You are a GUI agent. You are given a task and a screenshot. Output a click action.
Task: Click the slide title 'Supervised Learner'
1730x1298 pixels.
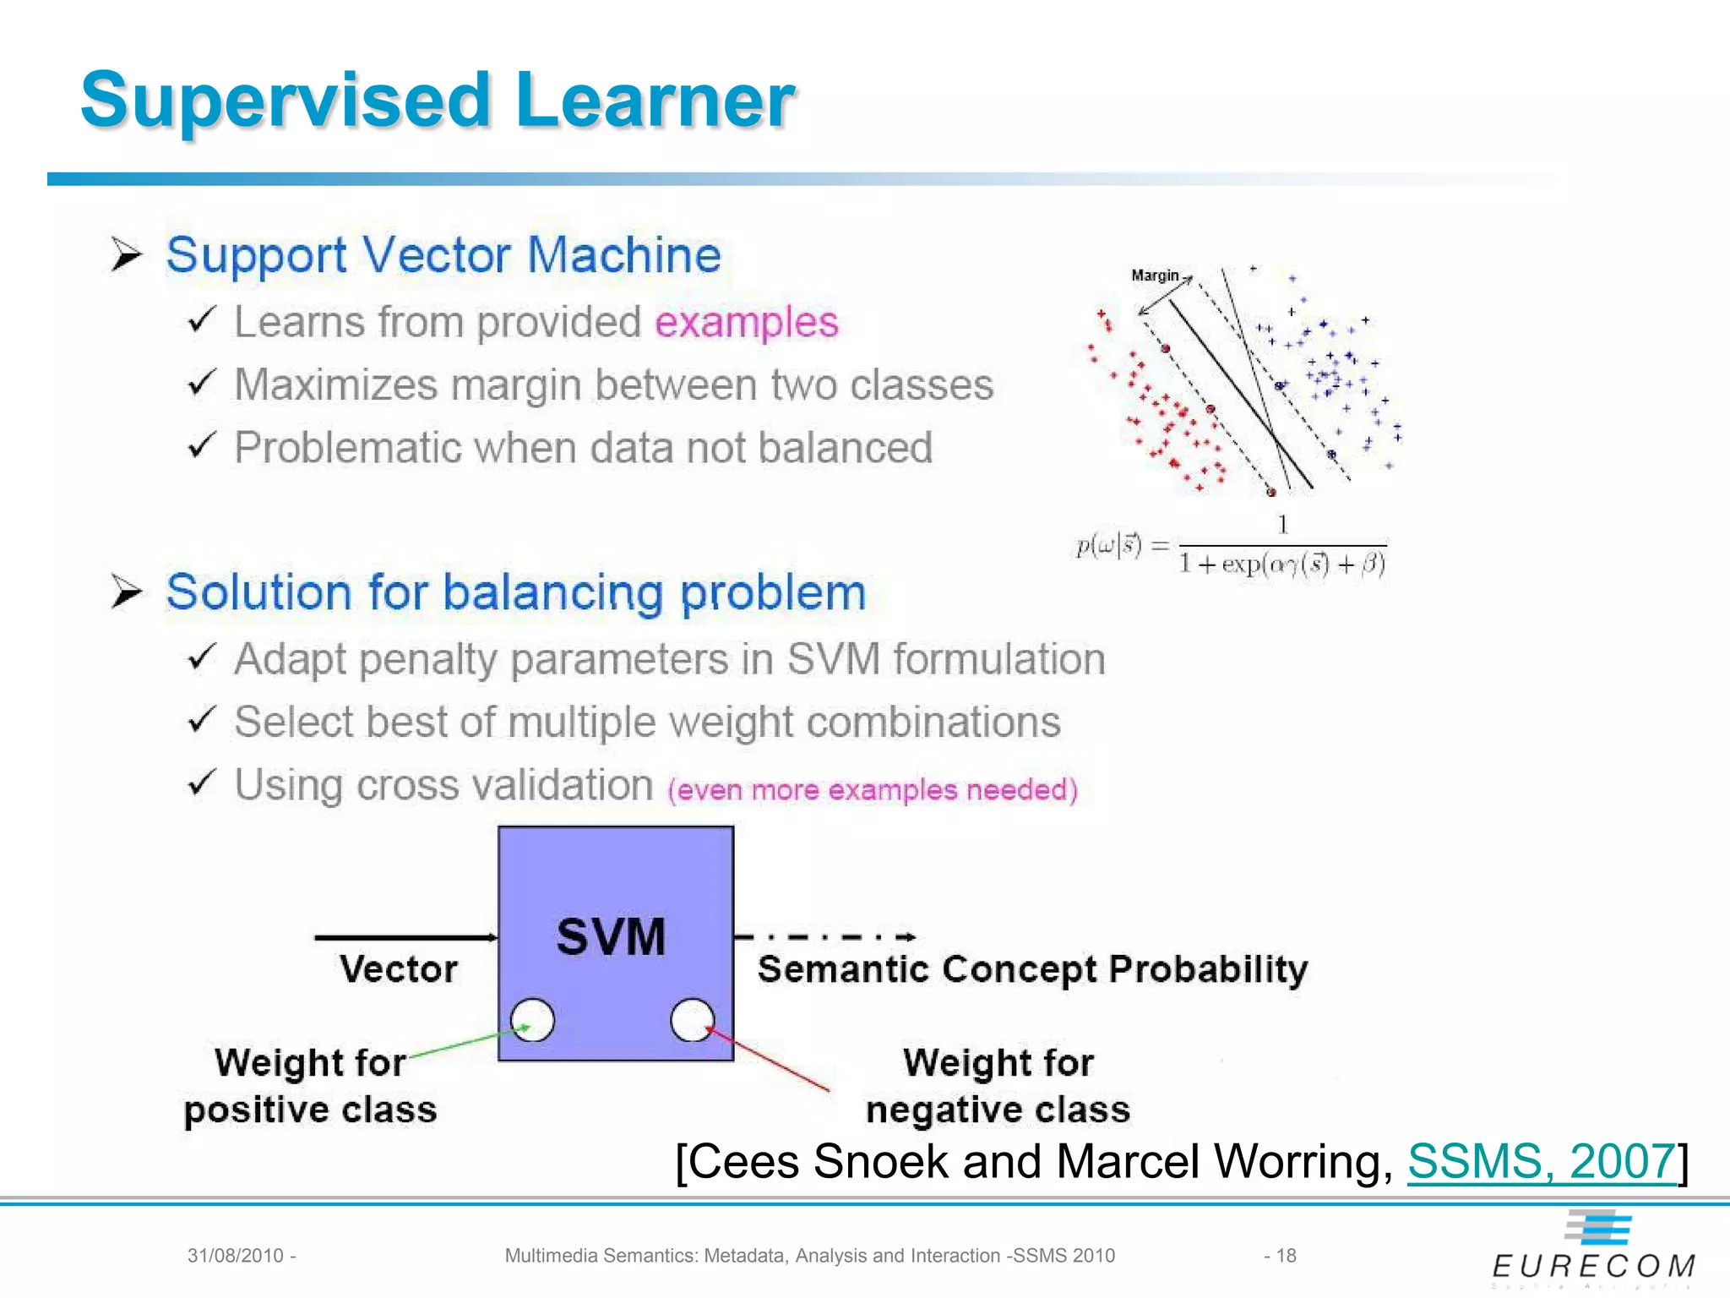click(438, 101)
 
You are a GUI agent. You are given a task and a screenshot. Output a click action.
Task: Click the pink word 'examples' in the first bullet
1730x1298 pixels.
click(746, 322)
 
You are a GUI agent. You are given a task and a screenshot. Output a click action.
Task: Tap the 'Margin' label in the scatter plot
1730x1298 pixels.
click(1154, 275)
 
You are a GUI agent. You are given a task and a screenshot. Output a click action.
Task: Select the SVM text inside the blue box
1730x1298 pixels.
click(611, 936)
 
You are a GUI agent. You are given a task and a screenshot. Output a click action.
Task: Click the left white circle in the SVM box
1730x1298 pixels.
click(533, 1020)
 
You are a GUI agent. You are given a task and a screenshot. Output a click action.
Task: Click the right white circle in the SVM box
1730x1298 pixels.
click(692, 1020)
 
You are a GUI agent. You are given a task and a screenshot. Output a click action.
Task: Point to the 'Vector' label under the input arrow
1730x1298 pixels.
click(398, 968)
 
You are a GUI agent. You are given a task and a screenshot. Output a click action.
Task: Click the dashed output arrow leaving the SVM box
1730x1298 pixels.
click(824, 936)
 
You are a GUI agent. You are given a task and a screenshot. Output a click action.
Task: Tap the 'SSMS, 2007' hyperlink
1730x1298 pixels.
click(1541, 1161)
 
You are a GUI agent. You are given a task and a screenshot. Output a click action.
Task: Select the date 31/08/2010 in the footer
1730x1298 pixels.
click(236, 1256)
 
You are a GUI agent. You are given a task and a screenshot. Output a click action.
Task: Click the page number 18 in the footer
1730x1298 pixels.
click(1285, 1256)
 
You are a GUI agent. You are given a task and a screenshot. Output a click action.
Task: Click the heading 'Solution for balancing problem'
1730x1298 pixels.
click(515, 592)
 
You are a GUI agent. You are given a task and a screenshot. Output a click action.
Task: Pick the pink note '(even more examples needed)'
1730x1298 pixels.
click(872, 790)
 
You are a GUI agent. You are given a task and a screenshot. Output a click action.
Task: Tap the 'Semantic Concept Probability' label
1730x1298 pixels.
click(1032, 969)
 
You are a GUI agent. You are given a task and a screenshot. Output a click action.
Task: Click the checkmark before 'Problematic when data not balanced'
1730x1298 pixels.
click(202, 445)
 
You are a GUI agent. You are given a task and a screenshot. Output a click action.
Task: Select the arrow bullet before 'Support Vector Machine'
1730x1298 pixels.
click(126, 254)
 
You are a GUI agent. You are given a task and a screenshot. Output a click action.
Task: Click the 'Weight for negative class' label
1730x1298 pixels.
click(998, 1086)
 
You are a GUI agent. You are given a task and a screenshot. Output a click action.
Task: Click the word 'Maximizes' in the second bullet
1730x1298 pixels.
click(335, 385)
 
